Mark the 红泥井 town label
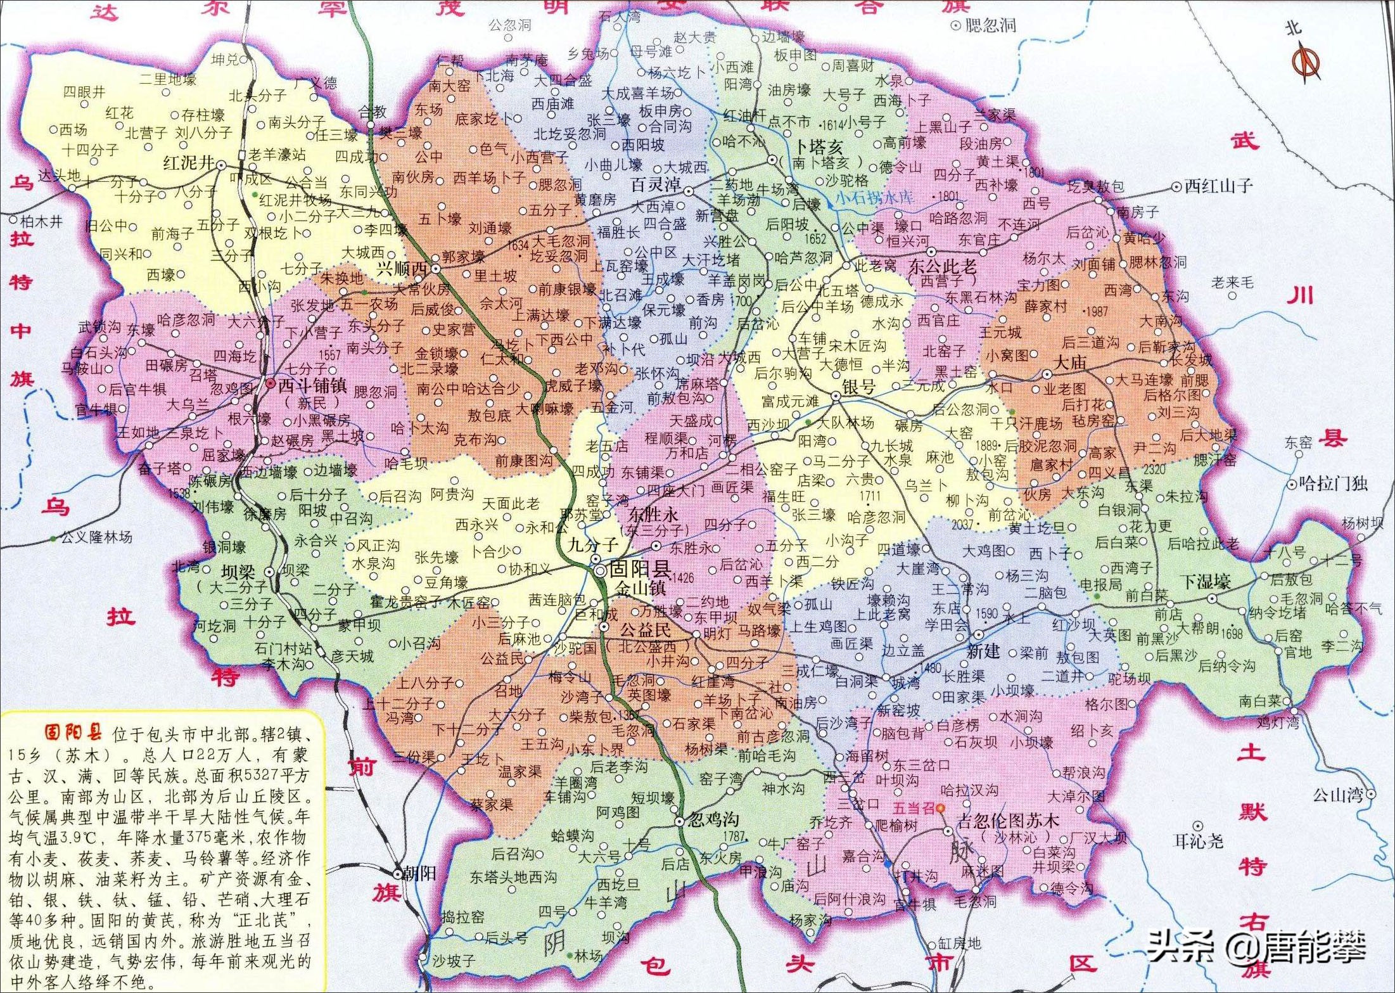point(189,163)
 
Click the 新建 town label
point(983,651)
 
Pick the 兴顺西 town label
point(402,269)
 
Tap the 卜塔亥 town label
point(819,147)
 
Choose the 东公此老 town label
point(943,266)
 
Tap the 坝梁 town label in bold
point(238,572)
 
